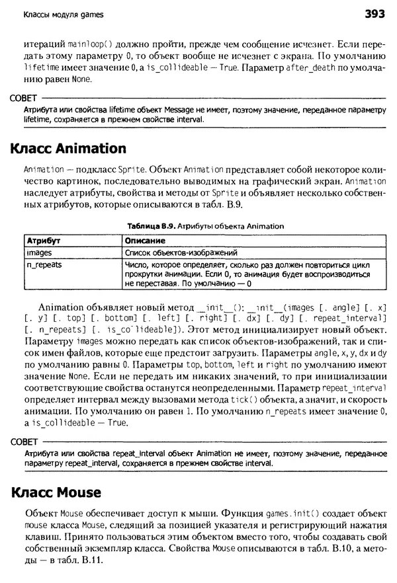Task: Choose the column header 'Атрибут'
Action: pos(43,240)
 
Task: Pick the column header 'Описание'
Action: pos(145,240)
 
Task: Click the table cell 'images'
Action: pos(39,253)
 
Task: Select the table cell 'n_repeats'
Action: pos(44,264)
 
